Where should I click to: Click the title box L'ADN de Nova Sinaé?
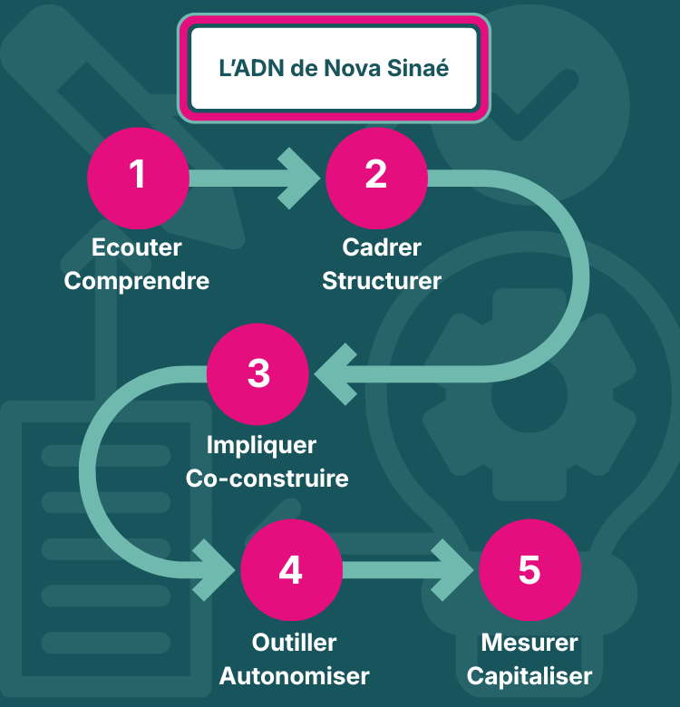(x=334, y=68)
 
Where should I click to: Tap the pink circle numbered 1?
(x=138, y=175)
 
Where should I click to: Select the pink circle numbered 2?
(x=376, y=175)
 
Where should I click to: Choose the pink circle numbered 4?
(x=291, y=570)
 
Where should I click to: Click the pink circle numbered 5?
(x=529, y=570)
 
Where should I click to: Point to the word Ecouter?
(x=137, y=247)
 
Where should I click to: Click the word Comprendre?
(x=137, y=280)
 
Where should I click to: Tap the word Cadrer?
(x=382, y=247)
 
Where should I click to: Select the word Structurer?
(x=382, y=280)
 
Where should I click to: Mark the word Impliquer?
(x=261, y=445)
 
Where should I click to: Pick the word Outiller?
(x=294, y=643)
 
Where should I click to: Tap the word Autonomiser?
(x=294, y=676)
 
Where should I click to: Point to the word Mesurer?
(x=529, y=643)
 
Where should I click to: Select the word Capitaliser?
(x=529, y=676)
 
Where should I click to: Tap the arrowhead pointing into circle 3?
(x=331, y=373)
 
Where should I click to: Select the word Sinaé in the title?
(x=419, y=68)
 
